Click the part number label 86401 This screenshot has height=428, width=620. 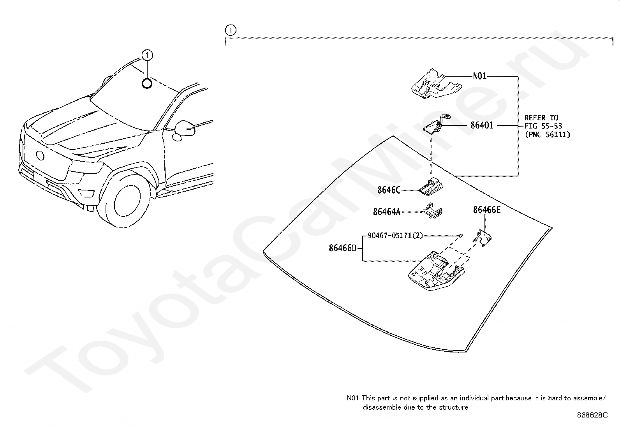point(482,125)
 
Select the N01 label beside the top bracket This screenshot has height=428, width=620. point(479,76)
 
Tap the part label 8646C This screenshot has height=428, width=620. point(388,190)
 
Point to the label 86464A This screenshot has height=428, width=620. point(386,212)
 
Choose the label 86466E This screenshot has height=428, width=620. point(486,210)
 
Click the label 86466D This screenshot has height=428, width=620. point(342,248)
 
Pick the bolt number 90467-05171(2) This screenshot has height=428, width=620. point(395,236)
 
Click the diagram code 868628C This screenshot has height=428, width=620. point(592,415)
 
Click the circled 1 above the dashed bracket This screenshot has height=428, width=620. point(231,30)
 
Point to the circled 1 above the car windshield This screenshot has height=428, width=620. point(147,56)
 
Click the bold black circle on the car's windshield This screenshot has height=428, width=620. point(147,83)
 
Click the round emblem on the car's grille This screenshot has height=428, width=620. point(40,155)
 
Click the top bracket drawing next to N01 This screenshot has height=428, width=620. point(435,83)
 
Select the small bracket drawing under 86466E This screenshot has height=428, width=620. point(483,238)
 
